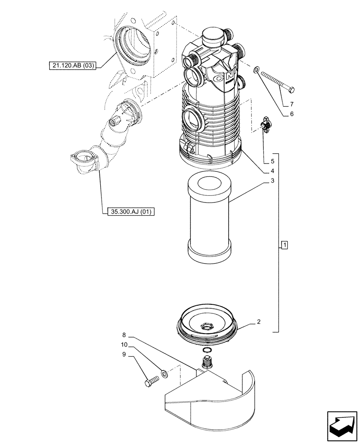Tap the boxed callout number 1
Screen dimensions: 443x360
click(x=284, y=245)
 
